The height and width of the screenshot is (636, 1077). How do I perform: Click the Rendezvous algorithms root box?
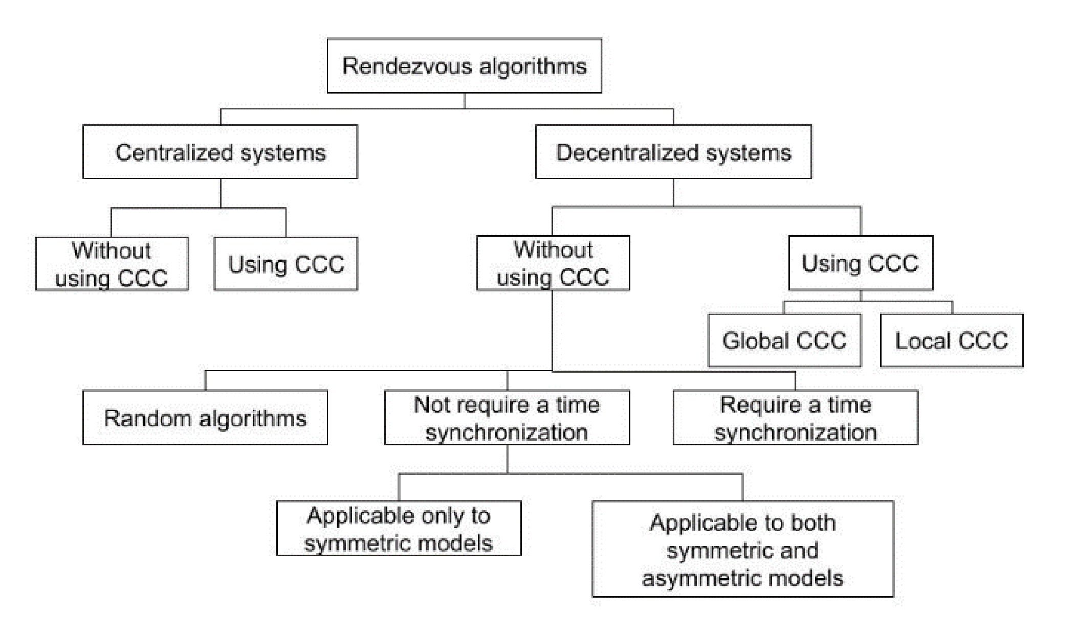[x=464, y=66]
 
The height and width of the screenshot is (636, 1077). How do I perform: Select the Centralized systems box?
[x=220, y=152]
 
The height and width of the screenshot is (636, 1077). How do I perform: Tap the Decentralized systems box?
[x=673, y=152]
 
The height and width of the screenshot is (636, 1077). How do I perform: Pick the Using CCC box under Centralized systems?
[x=285, y=264]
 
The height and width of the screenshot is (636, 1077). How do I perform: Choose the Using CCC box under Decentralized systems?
[x=860, y=263]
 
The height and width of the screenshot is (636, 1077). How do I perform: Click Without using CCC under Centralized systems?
[x=112, y=264]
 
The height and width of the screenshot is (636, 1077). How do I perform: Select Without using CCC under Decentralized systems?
[x=553, y=263]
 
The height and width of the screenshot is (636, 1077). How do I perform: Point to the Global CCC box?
[x=784, y=340]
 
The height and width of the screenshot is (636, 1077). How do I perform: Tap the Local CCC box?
[x=951, y=340]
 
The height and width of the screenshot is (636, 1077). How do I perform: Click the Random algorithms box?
[x=205, y=418]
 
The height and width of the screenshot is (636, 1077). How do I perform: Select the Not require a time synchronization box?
[x=507, y=418]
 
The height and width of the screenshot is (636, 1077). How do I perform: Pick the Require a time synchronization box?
[x=795, y=418]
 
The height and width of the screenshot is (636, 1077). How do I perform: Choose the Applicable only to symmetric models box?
[x=399, y=528]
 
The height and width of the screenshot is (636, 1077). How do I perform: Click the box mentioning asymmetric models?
[x=742, y=549]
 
